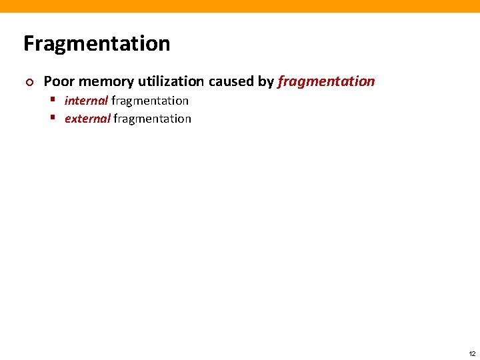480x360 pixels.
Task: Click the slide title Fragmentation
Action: pyautogui.click(x=97, y=44)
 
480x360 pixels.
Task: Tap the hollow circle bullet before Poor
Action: pyautogui.click(x=27, y=82)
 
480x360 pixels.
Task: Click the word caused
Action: pyautogui.click(x=231, y=81)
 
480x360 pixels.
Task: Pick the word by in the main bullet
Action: pyautogui.click(x=266, y=82)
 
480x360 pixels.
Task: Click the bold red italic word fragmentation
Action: pyautogui.click(x=326, y=81)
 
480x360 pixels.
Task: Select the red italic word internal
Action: pyautogui.click(x=86, y=101)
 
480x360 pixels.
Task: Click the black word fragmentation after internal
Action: pyautogui.click(x=150, y=101)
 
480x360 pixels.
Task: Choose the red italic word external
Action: pyautogui.click(x=87, y=119)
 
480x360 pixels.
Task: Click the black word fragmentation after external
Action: pyautogui.click(x=152, y=119)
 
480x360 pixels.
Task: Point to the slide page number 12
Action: pyautogui.click(x=472, y=353)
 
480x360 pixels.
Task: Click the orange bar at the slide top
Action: pyautogui.click(x=240, y=6)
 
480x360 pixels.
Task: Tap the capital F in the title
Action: pyautogui.click(x=29, y=44)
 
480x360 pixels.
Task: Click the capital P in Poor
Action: pyautogui.click(x=48, y=81)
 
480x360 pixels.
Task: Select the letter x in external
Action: pyautogui.click(x=73, y=119)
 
